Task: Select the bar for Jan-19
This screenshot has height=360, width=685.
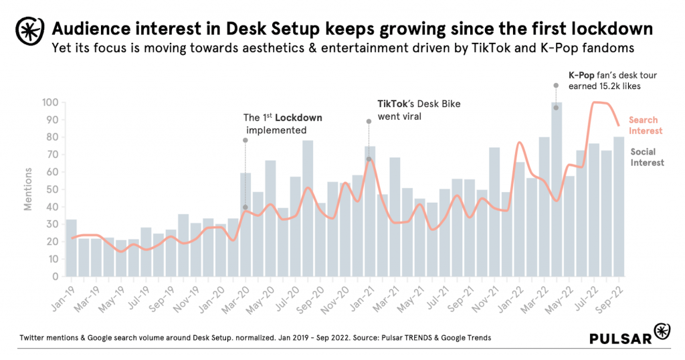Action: tap(71, 248)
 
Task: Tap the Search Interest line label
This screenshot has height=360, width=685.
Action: tap(646, 125)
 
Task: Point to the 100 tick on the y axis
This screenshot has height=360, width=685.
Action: tap(50, 102)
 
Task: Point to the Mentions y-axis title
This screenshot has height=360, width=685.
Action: tap(29, 189)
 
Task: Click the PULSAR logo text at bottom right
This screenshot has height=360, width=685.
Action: tap(621, 339)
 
